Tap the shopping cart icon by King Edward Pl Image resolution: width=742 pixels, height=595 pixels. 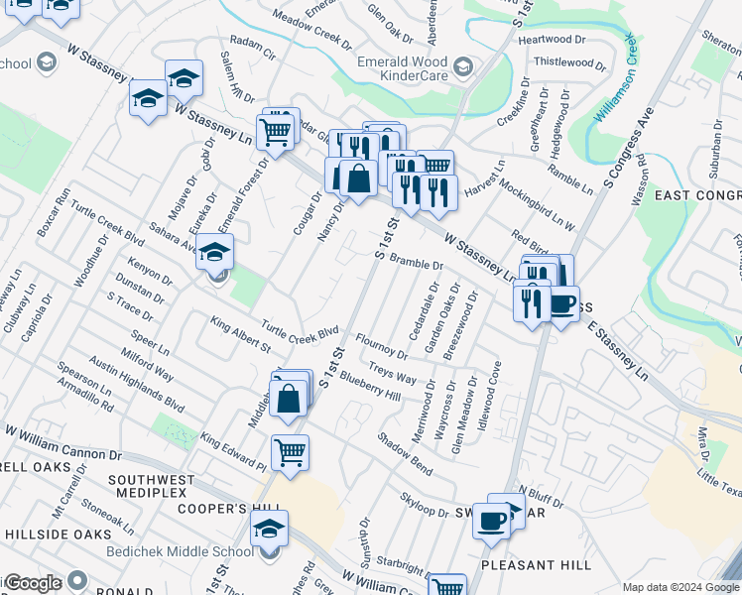pyautogui.click(x=290, y=453)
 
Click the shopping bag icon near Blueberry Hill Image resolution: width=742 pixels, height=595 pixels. pyautogui.click(x=287, y=399)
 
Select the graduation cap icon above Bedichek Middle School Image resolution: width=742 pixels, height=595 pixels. pyautogui.click(x=268, y=529)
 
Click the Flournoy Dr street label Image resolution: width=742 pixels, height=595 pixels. pyautogui.click(x=382, y=346)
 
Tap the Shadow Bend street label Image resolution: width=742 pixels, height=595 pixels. pyautogui.click(x=404, y=451)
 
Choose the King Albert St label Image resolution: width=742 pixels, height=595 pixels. pyautogui.click(x=239, y=334)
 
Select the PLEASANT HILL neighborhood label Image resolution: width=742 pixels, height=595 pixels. pyautogui.click(x=535, y=564)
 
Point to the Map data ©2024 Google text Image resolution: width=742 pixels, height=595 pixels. pyautogui.click(x=680, y=587)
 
